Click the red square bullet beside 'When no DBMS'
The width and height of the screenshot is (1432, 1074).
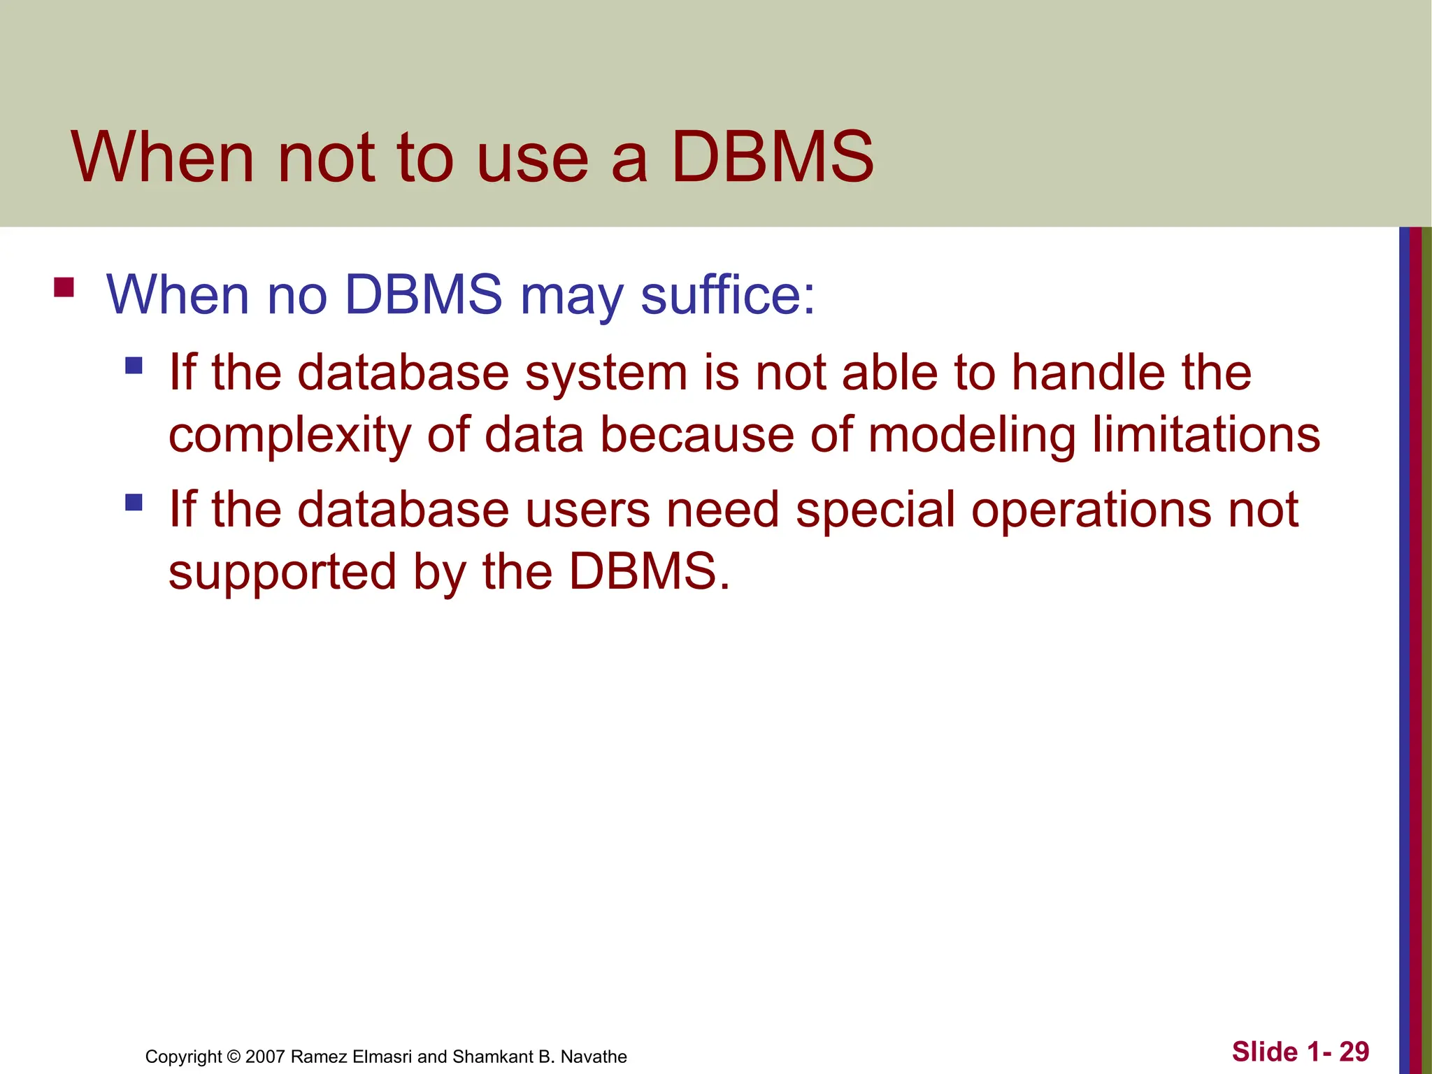click(x=64, y=288)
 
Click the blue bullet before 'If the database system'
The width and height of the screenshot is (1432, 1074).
click(x=134, y=366)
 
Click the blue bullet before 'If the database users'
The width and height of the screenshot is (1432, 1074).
click(x=134, y=503)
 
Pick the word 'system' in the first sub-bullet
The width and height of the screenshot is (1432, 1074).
click(x=606, y=373)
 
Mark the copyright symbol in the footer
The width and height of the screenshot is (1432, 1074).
click(x=233, y=1057)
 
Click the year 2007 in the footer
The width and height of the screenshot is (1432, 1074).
click(x=265, y=1057)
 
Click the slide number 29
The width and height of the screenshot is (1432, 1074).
click(x=1354, y=1052)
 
